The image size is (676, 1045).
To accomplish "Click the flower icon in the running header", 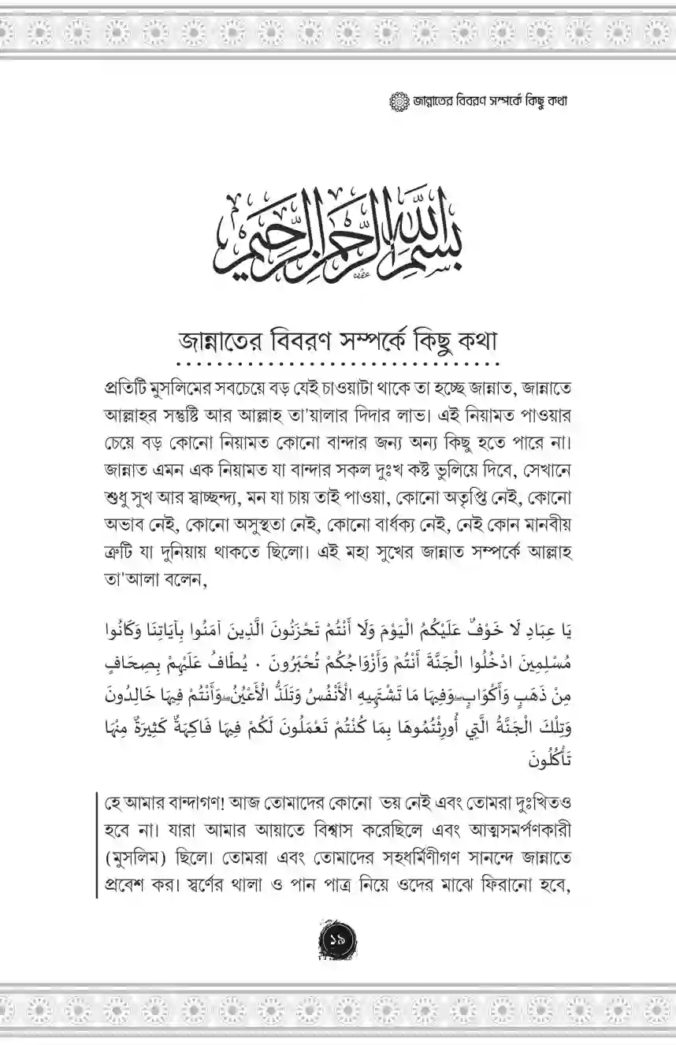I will point(399,102).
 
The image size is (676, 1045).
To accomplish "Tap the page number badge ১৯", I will point(338,938).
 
